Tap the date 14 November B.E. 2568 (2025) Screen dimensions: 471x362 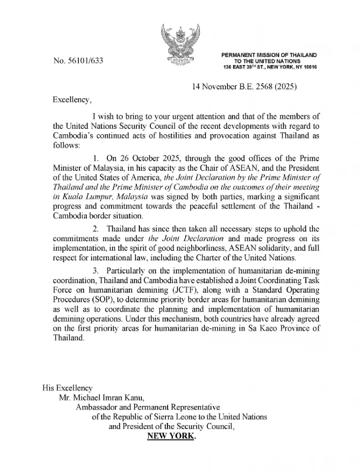[x=244, y=87]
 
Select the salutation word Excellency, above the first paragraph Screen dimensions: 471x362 [x=72, y=100]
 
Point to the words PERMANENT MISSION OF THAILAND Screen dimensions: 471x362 [x=269, y=55]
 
